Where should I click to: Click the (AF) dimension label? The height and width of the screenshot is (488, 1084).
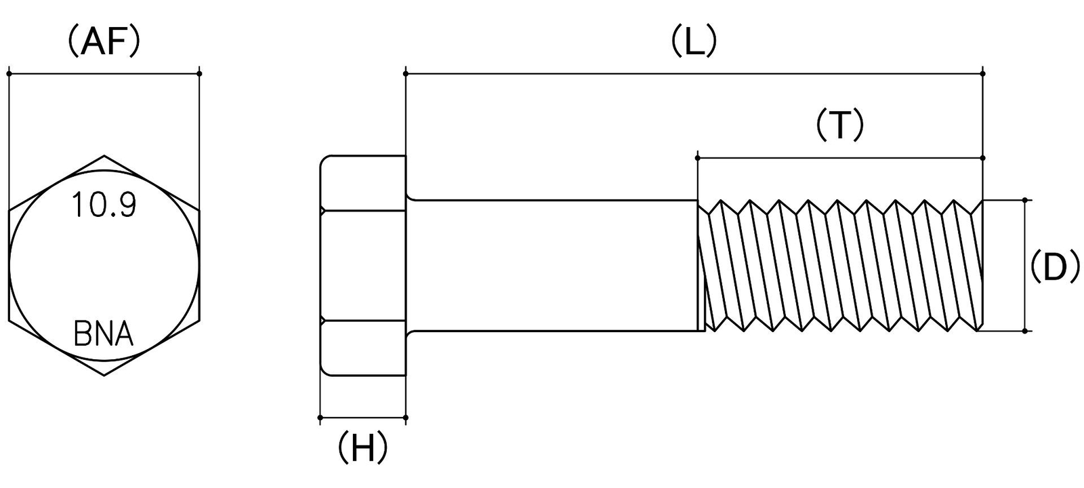104,43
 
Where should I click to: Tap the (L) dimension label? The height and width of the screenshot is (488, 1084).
694,41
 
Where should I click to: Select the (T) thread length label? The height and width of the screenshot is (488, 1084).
839,125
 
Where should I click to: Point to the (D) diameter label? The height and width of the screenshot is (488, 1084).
1054,267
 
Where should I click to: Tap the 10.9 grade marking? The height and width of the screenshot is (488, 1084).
104,205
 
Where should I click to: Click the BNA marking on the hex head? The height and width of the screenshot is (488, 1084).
104,334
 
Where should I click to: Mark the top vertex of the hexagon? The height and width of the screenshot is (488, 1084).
104,156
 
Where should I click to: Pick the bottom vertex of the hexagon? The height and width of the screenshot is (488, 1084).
104,375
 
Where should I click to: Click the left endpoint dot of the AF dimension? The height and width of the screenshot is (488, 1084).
9,74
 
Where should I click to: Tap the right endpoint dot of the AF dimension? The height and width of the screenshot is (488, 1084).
200,74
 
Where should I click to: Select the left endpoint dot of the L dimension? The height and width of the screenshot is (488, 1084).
406,74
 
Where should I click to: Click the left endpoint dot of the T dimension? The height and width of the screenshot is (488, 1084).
697,158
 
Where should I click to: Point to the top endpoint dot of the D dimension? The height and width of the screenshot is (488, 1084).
1025,199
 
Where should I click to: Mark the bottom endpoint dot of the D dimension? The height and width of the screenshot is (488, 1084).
1025,331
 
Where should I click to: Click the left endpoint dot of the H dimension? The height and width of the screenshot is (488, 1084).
320,418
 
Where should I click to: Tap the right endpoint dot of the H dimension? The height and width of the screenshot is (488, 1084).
406,418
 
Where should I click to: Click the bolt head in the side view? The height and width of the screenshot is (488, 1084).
362,265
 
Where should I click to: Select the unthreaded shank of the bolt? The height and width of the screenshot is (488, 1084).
551,265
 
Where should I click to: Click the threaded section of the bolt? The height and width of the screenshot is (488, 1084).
841,265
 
